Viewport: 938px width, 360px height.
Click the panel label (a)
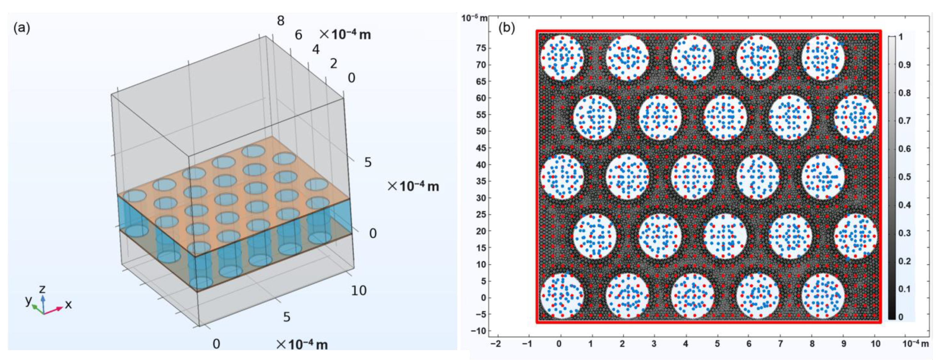coord(22,28)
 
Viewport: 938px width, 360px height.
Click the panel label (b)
coord(507,28)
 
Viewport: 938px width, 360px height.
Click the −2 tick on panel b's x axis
coord(495,344)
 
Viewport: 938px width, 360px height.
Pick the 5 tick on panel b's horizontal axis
coord(717,344)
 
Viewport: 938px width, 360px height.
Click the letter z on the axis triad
coord(42,289)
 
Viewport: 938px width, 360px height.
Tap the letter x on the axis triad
coord(68,305)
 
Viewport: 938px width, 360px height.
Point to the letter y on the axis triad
coord(28,300)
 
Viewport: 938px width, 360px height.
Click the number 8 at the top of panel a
coord(280,21)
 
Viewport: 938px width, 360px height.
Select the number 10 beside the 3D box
coord(358,291)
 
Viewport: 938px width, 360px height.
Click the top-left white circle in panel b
coord(562,58)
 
